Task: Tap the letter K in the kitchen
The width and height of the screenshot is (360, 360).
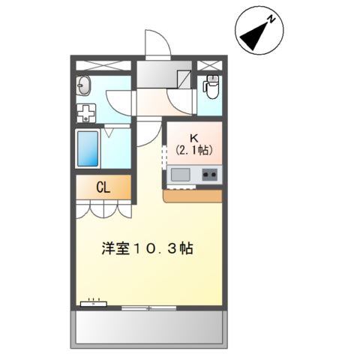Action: pyautogui.click(x=194, y=138)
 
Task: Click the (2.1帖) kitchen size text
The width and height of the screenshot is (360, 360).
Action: pyautogui.click(x=194, y=150)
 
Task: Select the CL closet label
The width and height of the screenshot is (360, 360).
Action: pyautogui.click(x=103, y=187)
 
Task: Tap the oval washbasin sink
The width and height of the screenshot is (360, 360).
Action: pyautogui.click(x=84, y=85)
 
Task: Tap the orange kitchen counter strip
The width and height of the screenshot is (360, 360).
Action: pyautogui.click(x=193, y=196)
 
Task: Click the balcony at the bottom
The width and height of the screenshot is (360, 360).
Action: pyautogui.click(x=148, y=327)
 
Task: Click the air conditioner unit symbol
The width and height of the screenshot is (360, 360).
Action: pyautogui.click(x=93, y=304)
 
